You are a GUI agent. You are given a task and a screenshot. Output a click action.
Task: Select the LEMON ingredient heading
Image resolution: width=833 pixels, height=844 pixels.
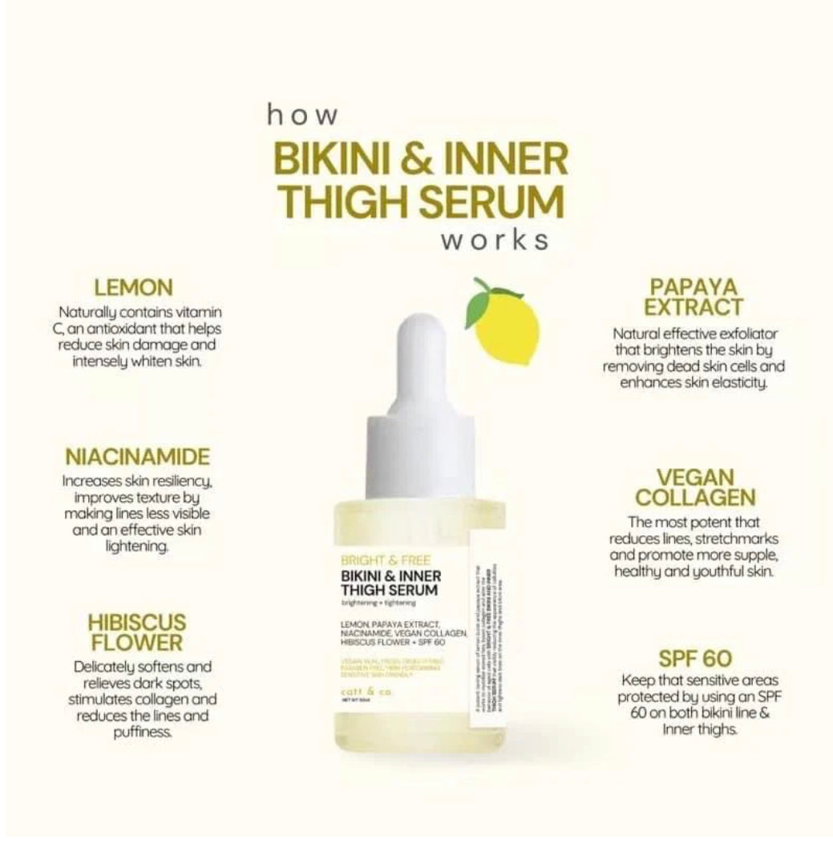[133, 287]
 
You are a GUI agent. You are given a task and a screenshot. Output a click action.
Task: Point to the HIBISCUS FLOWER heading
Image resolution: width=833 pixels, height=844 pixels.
[136, 632]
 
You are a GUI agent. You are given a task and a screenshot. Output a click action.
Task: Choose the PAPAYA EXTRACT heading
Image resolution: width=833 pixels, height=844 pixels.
[694, 297]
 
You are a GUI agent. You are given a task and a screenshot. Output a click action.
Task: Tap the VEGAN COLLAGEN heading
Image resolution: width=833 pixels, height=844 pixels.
[694, 487]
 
